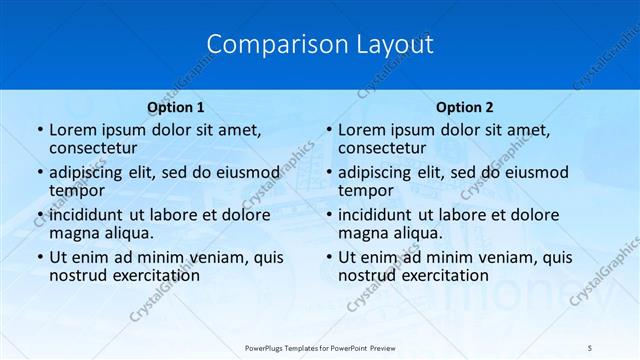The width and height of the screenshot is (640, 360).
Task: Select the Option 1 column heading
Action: pyautogui.click(x=176, y=106)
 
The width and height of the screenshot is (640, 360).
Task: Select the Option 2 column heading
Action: pyautogui.click(x=465, y=106)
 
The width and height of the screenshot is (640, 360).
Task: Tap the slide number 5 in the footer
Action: pyautogui.click(x=590, y=347)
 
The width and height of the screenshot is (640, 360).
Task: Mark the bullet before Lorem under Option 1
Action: pyautogui.click(x=38, y=130)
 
